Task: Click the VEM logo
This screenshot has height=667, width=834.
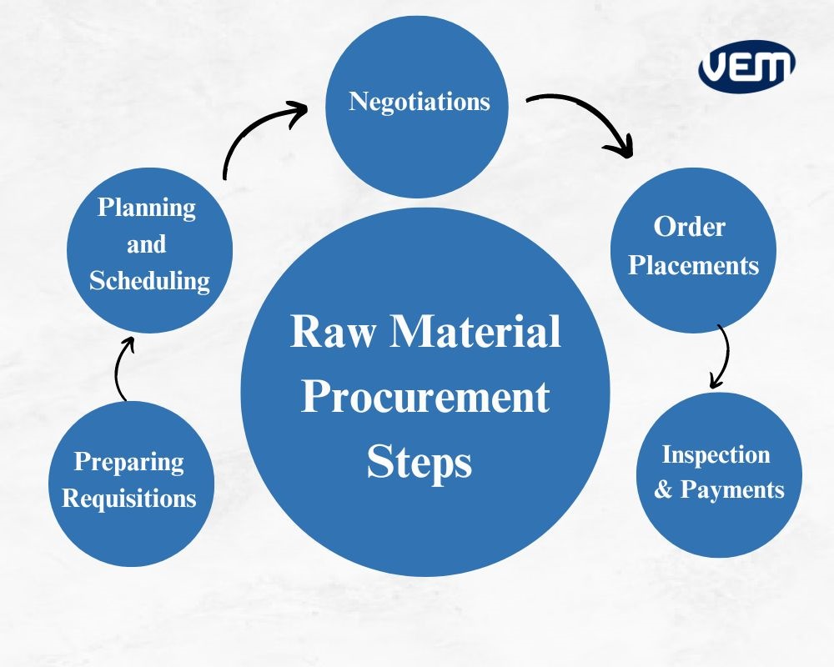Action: click(746, 64)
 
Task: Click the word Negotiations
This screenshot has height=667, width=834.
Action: click(419, 102)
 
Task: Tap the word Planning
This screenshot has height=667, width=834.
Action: click(147, 208)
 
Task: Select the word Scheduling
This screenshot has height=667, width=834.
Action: click(149, 280)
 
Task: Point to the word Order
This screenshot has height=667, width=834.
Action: click(690, 226)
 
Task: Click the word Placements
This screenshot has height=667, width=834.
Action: click(693, 265)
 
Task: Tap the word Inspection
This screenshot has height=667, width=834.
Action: click(716, 454)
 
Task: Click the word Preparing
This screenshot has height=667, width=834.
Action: click(129, 462)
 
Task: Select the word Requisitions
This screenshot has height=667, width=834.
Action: click(129, 499)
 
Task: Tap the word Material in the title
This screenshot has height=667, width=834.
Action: click(476, 333)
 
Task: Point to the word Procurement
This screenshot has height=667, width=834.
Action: click(425, 397)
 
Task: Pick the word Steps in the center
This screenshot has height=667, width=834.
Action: click(420, 462)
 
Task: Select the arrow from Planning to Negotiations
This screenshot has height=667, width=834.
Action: click(259, 133)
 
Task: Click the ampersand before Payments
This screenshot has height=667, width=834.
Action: click(663, 489)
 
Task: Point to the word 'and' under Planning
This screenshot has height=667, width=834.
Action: click(146, 245)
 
